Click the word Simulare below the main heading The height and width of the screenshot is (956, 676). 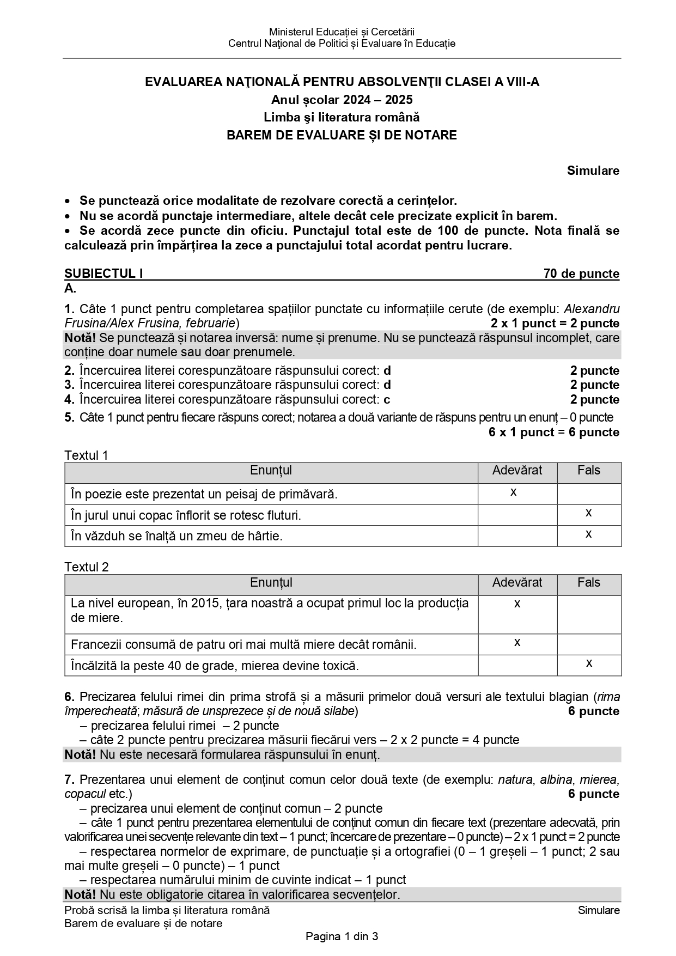click(x=593, y=171)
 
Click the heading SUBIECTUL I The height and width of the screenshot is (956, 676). click(x=103, y=273)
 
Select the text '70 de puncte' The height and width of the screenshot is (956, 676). click(x=581, y=273)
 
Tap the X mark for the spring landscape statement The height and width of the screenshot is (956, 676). click(x=514, y=492)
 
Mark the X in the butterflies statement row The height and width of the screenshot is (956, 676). click(x=588, y=513)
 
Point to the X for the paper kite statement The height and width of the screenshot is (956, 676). click(x=588, y=534)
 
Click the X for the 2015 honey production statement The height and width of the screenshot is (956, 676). click(x=517, y=604)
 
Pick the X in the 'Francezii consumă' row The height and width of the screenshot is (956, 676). click(x=517, y=643)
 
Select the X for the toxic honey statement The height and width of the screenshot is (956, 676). click(x=588, y=663)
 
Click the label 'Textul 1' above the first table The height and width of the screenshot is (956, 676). click(x=86, y=455)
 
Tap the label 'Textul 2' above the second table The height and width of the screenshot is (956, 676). click(x=86, y=567)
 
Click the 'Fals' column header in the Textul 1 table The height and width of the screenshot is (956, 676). click(x=588, y=471)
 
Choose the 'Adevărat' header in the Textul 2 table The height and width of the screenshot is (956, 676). click(x=517, y=582)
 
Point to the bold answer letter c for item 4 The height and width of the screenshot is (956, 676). click(x=387, y=400)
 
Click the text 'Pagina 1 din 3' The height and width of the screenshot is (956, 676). click(x=342, y=937)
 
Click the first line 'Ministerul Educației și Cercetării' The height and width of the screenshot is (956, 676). click(x=342, y=32)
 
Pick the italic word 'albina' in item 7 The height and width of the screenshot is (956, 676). click(x=556, y=780)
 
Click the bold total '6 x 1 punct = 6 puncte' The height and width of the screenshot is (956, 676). click(x=553, y=433)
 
